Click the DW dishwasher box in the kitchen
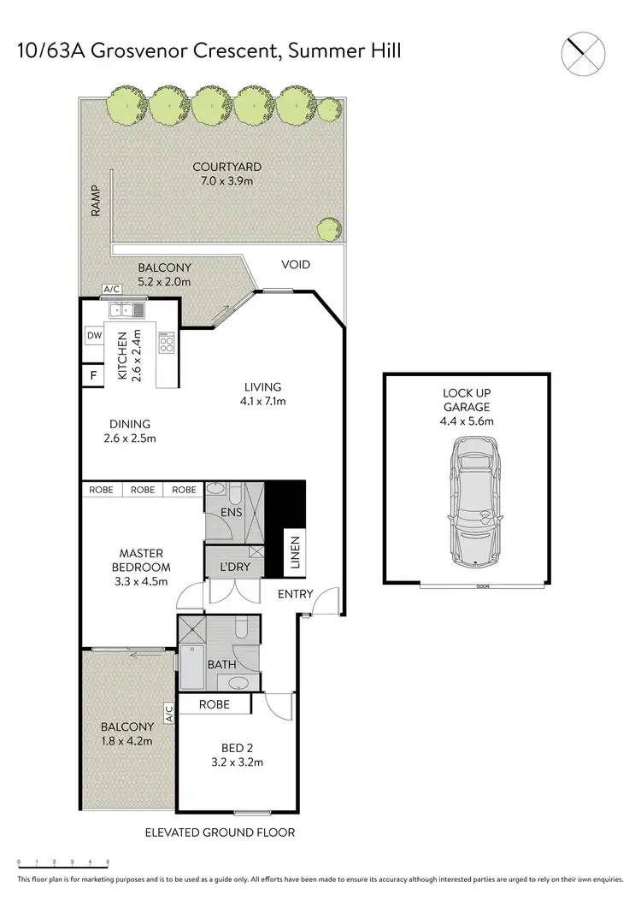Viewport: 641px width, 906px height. click(93, 336)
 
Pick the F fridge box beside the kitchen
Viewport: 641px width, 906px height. click(92, 374)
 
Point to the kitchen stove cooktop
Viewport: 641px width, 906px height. click(167, 344)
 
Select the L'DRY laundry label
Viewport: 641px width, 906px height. click(234, 568)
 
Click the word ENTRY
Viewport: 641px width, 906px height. click(296, 594)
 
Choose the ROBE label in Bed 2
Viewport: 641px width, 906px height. click(214, 705)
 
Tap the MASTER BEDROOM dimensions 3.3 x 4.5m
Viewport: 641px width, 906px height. click(140, 581)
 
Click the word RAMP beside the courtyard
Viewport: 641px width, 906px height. click(97, 202)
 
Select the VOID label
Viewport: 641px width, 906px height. click(296, 265)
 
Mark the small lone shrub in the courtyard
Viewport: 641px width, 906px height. click(327, 229)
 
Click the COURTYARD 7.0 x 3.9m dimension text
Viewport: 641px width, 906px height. click(226, 181)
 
